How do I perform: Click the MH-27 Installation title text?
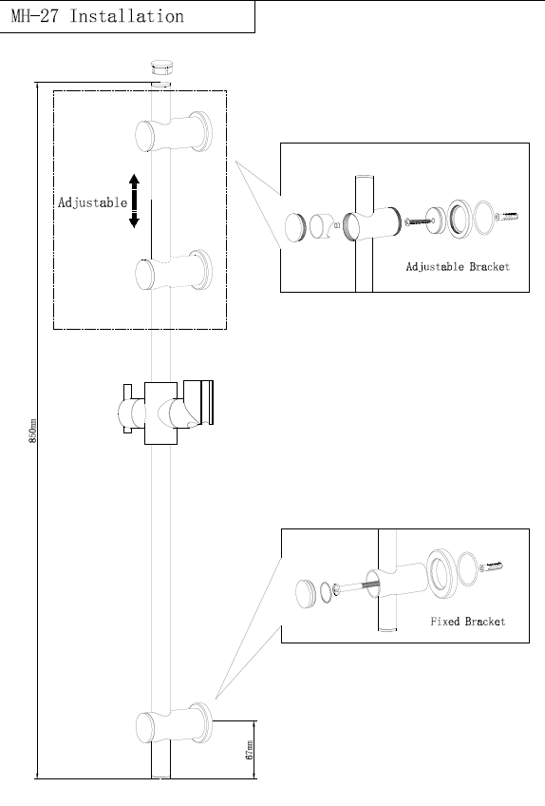pyautogui.click(x=98, y=16)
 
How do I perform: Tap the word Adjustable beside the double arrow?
pyautogui.click(x=92, y=202)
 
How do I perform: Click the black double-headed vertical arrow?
pyautogui.click(x=134, y=201)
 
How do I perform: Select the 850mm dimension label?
pyautogui.click(x=33, y=431)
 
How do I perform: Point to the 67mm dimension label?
pyautogui.click(x=250, y=750)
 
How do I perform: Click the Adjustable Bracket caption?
pyautogui.click(x=458, y=267)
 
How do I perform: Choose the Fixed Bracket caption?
pyautogui.click(x=468, y=622)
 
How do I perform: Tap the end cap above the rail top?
pyautogui.click(x=160, y=67)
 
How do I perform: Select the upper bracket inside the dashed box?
pyautogui.click(x=174, y=133)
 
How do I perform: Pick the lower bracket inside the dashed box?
pyautogui.click(x=174, y=270)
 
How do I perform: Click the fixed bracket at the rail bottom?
pyautogui.click(x=174, y=723)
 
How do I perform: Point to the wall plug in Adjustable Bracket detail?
pyautogui.click(x=506, y=217)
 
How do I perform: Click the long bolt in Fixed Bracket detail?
pyautogui.click(x=354, y=585)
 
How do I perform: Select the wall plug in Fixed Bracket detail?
pyautogui.click(x=491, y=567)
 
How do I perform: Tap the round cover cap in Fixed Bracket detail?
pyautogui.click(x=306, y=594)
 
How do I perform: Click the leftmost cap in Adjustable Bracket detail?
pyautogui.click(x=295, y=228)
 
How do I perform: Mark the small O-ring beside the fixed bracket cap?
pyautogui.click(x=327, y=592)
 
